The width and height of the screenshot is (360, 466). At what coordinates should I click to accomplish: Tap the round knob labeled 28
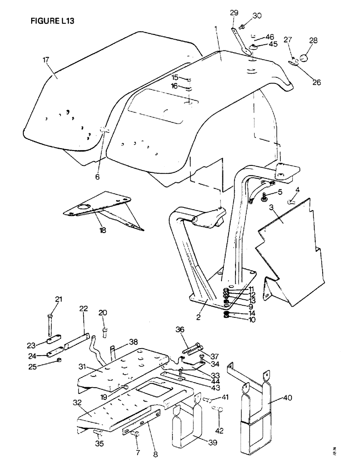(x=304, y=58)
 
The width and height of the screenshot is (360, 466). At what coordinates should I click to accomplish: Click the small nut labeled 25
(x=59, y=361)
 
